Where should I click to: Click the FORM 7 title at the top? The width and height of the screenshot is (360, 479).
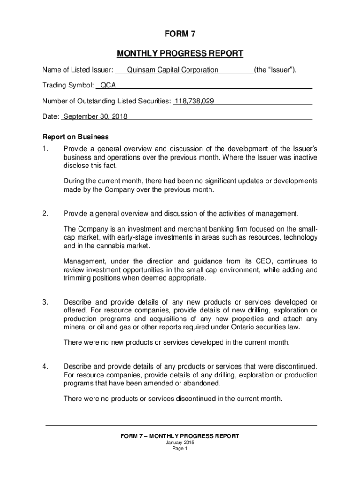(x=180, y=34)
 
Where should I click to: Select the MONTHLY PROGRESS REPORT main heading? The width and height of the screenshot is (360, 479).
(x=180, y=54)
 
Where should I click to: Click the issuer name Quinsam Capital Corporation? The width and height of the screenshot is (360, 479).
(x=169, y=70)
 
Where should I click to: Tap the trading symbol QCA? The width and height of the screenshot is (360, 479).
(x=108, y=86)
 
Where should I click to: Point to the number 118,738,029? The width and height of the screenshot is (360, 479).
(x=194, y=101)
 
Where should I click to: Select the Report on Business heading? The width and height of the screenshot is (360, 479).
(x=76, y=137)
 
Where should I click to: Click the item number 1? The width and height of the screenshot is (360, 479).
(x=45, y=149)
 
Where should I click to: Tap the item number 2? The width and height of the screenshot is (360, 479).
(x=45, y=214)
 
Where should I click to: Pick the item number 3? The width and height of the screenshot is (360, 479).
(x=45, y=302)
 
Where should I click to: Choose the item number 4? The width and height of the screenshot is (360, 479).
(x=45, y=366)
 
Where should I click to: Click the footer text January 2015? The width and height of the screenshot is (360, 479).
(x=180, y=443)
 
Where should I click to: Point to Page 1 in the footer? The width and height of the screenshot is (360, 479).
(x=180, y=449)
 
